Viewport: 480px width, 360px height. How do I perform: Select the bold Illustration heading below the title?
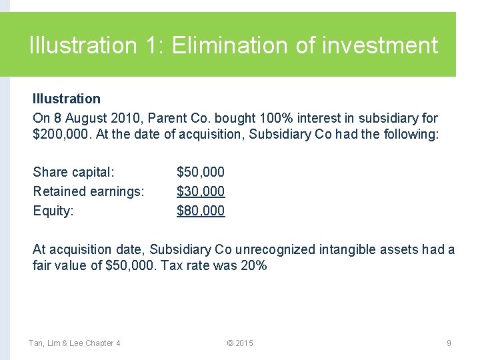[67, 99]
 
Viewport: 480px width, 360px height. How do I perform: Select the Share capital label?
[73, 172]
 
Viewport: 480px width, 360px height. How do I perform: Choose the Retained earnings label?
[89, 191]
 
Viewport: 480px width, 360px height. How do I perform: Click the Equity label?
[53, 211]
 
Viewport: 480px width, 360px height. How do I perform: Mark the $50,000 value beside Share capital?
[201, 172]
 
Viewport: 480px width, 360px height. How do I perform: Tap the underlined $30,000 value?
[201, 191]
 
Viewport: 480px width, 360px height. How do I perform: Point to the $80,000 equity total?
[201, 211]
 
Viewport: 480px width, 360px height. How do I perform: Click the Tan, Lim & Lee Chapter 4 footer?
[74, 343]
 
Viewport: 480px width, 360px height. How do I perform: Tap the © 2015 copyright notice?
[240, 343]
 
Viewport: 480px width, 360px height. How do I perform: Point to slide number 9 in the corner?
[449, 343]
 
